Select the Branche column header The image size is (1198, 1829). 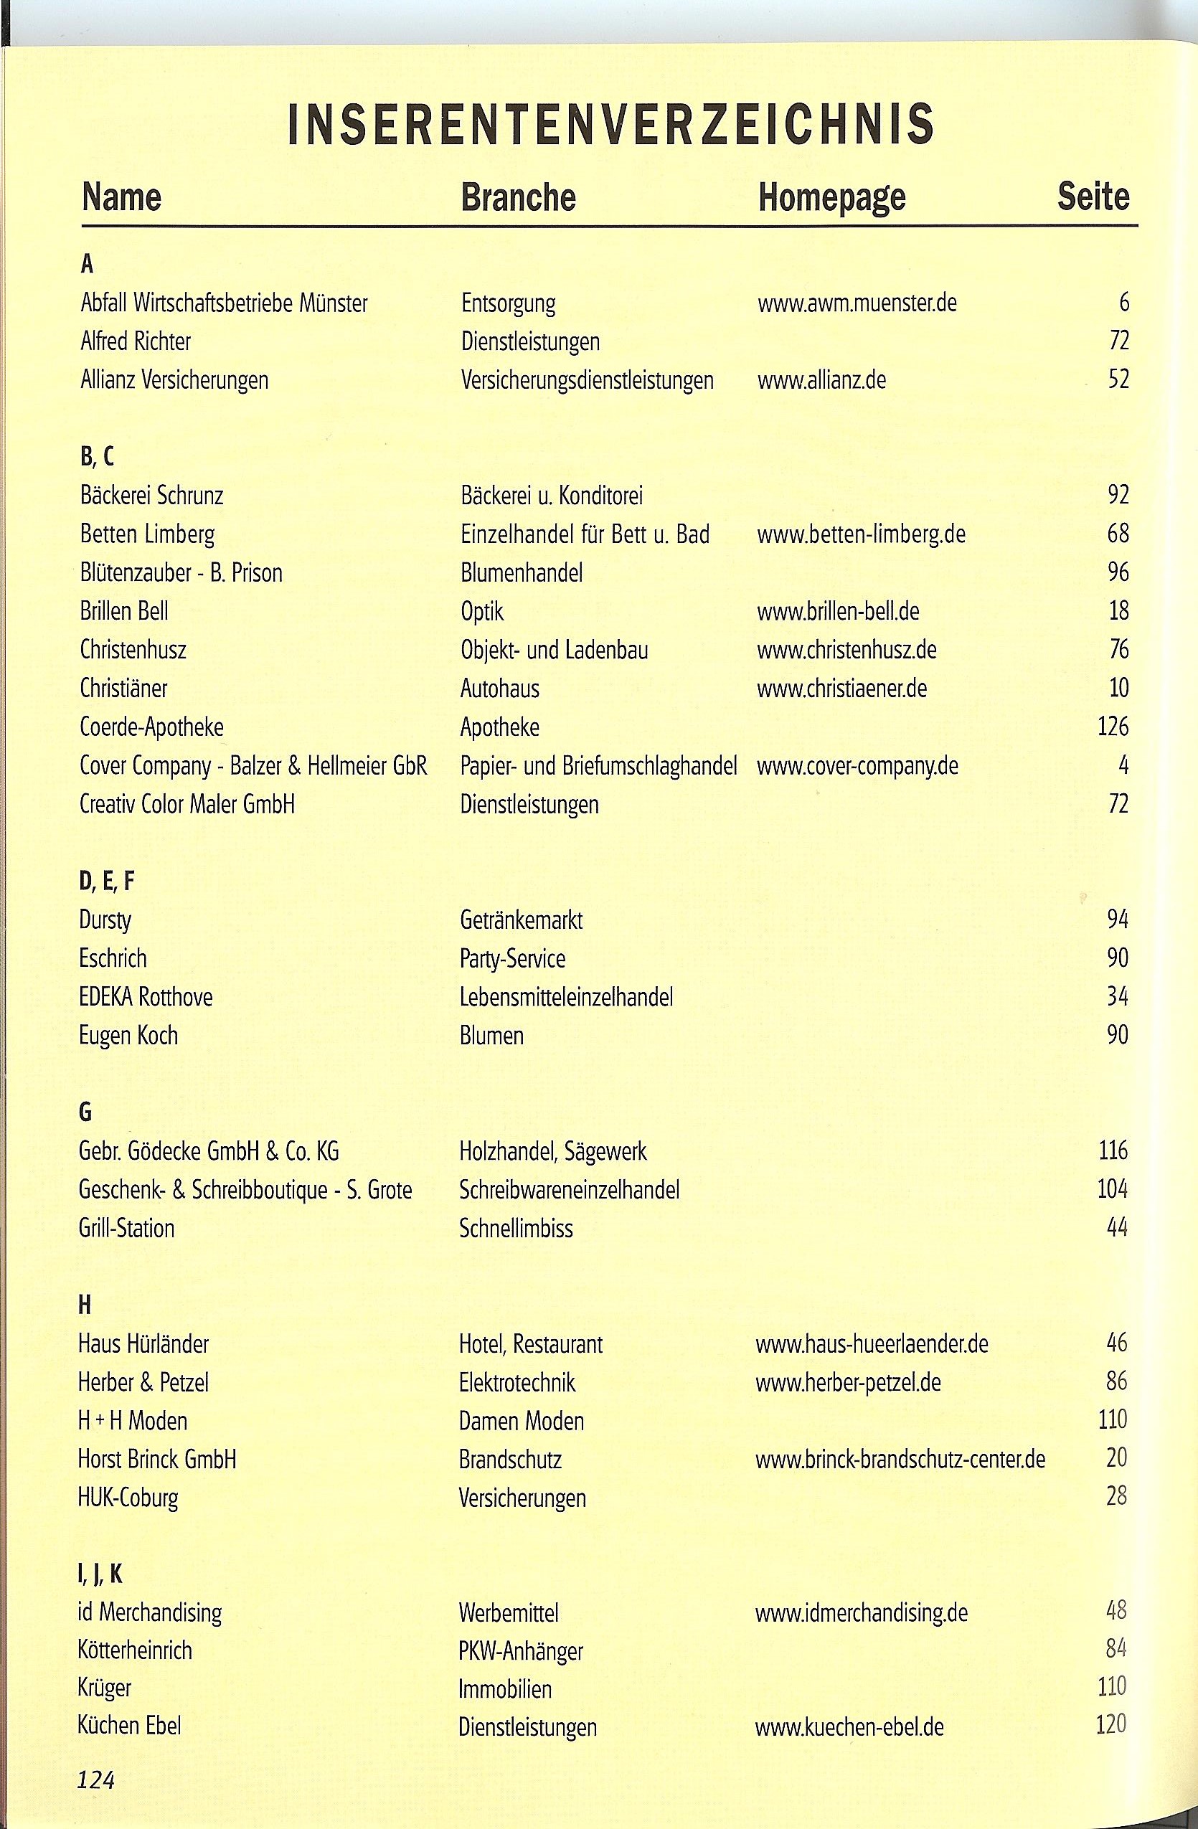coord(518,197)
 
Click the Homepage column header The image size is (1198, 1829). coord(831,197)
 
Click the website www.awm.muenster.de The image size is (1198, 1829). coord(857,303)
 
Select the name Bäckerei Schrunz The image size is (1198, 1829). coord(151,496)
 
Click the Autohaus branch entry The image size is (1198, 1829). coord(499,688)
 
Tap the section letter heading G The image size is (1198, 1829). coord(85,1111)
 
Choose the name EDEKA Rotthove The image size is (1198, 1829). coord(145,997)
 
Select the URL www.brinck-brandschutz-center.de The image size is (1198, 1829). coord(900,1459)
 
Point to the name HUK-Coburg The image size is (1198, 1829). coord(128,1498)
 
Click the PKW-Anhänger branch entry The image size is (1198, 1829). coord(520,1650)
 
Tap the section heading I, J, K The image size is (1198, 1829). coord(100,1574)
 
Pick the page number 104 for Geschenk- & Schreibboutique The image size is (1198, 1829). coord(1112,1189)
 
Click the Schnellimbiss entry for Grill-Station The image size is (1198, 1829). coord(516,1228)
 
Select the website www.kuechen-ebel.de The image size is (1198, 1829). coord(849,1728)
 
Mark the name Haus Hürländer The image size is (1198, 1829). coord(143,1343)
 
